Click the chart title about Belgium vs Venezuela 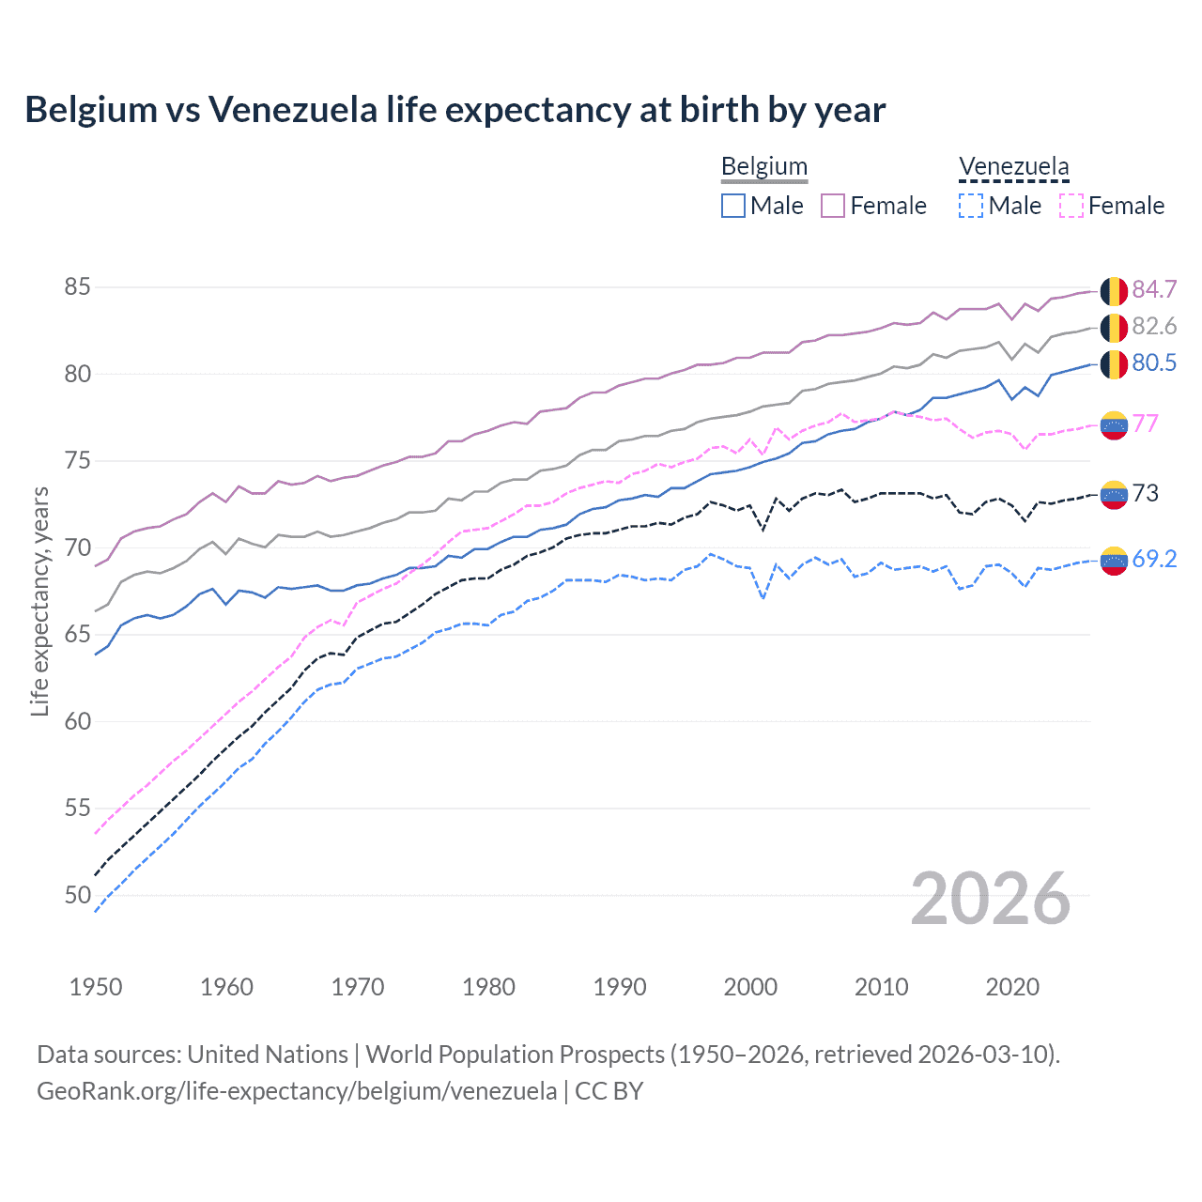(x=455, y=110)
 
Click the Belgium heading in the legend (x=763, y=167)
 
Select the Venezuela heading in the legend (x=1013, y=167)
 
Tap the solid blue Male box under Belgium (x=733, y=206)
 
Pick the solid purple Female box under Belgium (x=833, y=206)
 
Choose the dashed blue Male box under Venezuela (x=971, y=206)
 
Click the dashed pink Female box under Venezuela (x=1071, y=206)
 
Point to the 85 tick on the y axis (x=77, y=286)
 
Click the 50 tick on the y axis (x=77, y=895)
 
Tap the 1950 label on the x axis (x=96, y=987)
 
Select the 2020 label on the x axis (x=1012, y=987)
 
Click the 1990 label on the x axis (x=620, y=987)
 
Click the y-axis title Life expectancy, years (x=39, y=601)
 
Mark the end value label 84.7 (x=1154, y=290)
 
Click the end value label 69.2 (x=1154, y=560)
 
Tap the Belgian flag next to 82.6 (x=1114, y=328)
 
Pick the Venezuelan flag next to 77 (x=1114, y=425)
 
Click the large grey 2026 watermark (x=990, y=899)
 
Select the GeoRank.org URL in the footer (x=297, y=1091)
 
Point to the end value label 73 (x=1145, y=494)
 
